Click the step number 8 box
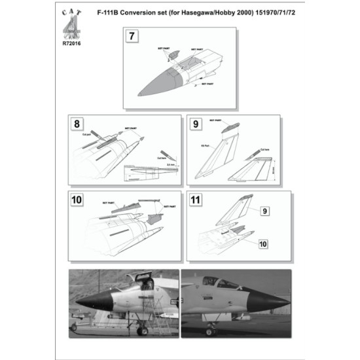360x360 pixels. click(x=79, y=122)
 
